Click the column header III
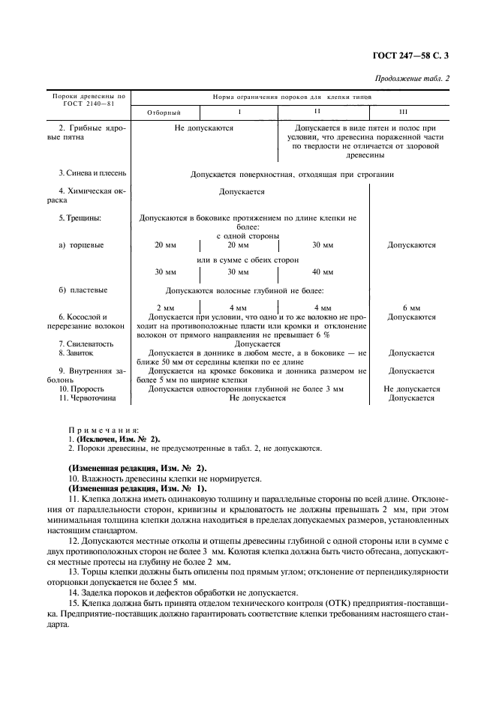coord(403,112)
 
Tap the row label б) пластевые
coord(83,289)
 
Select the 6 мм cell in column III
coord(411,307)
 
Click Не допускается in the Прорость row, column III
coord(411,389)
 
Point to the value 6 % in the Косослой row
coord(310,334)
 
